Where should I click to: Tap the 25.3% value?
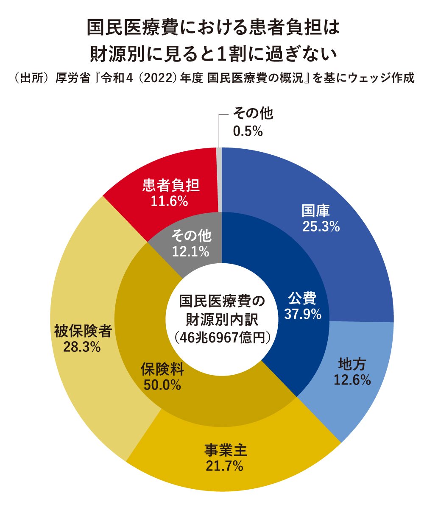point(321,227)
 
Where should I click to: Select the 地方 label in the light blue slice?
point(352,364)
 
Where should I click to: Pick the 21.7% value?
point(224,466)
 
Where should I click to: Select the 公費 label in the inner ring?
point(302,298)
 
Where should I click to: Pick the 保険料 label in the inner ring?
point(162,369)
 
